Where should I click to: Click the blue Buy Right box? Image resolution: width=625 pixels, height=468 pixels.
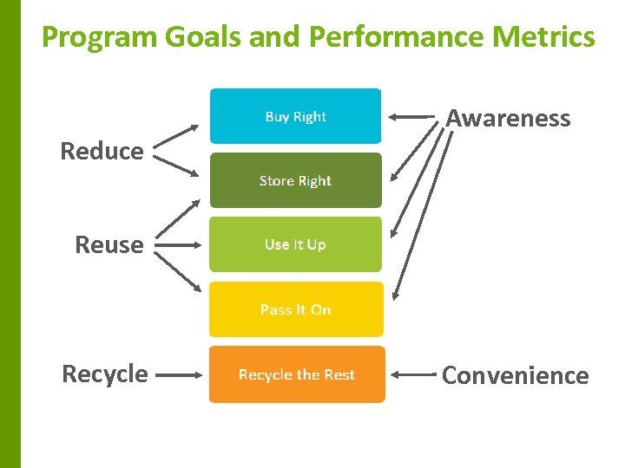(x=295, y=116)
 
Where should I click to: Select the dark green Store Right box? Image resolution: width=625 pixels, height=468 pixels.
(x=295, y=180)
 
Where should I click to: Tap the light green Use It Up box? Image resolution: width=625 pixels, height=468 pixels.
(x=295, y=244)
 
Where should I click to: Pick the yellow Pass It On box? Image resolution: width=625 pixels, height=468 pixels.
(x=295, y=309)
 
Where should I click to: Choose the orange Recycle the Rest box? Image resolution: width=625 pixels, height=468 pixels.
(x=296, y=374)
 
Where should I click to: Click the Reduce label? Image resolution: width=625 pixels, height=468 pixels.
(x=102, y=151)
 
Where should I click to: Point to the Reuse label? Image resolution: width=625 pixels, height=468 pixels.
(x=109, y=244)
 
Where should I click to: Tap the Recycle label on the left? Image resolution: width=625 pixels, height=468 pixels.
(x=104, y=374)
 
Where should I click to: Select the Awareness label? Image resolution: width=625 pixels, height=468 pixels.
(x=508, y=118)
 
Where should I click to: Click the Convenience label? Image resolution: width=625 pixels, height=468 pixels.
(x=515, y=375)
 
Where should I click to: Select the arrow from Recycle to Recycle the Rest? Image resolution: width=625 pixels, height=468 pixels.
(x=182, y=375)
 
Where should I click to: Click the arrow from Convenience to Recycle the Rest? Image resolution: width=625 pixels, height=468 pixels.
(x=412, y=375)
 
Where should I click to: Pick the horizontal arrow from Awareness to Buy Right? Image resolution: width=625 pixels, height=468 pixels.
(x=412, y=116)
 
